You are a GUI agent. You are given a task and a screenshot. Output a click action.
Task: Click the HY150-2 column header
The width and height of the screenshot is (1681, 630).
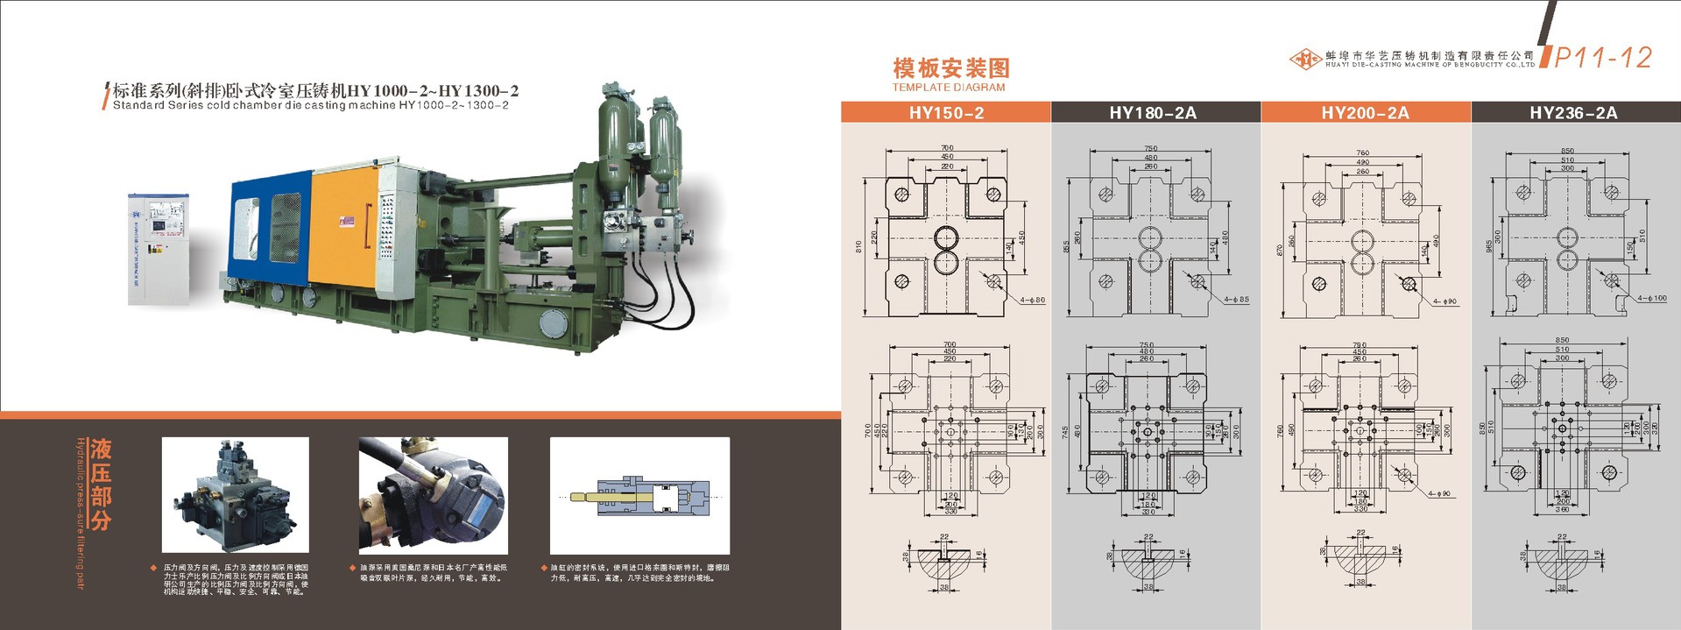946,112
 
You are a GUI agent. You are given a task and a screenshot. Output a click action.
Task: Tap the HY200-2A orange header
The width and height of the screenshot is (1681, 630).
1365,112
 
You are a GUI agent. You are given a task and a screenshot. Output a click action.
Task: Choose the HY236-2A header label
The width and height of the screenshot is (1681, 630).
1573,112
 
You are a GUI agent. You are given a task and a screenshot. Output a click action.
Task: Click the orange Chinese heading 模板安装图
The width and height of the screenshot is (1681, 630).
951,68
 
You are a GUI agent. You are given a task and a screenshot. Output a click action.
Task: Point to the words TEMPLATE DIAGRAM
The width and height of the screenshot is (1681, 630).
949,88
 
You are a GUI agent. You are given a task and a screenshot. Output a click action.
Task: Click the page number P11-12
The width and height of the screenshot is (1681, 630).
1603,58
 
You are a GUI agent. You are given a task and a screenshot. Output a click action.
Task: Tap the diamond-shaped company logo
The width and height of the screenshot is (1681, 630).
1306,59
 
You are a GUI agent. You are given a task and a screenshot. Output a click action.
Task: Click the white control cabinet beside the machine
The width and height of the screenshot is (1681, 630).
159,249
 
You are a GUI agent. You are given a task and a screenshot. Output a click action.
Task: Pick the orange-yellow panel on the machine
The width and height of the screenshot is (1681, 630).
343,228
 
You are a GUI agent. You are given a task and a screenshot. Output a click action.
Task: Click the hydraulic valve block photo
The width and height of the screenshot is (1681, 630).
236,495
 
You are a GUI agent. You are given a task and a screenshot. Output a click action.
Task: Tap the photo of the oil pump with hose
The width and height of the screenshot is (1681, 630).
433,495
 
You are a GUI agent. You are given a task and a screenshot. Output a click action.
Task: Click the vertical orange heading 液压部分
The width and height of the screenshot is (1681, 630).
101,485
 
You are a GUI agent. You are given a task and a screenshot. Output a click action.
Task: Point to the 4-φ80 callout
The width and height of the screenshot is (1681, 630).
1032,301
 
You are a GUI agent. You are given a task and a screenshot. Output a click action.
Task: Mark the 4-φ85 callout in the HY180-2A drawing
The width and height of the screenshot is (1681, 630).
1237,300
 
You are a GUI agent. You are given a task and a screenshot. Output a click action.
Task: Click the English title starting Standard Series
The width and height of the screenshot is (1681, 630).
310,106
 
